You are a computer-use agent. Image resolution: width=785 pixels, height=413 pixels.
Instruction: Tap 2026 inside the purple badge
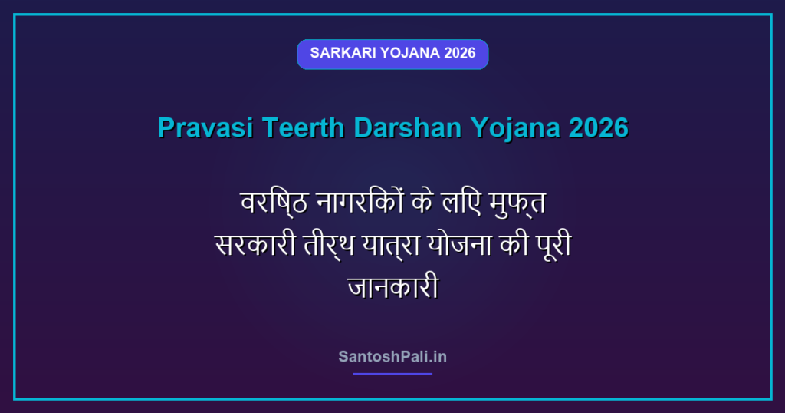tap(459, 53)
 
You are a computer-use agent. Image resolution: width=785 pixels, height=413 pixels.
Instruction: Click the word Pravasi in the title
tap(205, 127)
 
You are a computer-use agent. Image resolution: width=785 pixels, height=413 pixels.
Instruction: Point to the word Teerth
tap(304, 127)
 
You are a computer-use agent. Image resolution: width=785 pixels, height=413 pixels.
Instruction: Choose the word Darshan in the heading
tap(408, 127)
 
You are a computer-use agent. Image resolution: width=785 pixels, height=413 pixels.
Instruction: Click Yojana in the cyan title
tap(514, 128)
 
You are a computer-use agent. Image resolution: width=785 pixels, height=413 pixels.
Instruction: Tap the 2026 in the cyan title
tap(598, 127)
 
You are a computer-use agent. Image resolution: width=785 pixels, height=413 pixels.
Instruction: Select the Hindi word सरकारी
tap(255, 245)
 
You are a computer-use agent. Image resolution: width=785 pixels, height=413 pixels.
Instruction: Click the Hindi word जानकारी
tap(393, 286)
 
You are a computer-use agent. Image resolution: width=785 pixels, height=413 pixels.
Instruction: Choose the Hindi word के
tap(422, 202)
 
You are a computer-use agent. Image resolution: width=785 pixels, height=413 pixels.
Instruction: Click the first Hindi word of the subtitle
tap(274, 203)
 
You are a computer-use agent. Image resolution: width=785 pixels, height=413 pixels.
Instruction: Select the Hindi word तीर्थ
tap(329, 246)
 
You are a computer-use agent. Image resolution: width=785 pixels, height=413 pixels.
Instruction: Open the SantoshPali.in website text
tap(392, 357)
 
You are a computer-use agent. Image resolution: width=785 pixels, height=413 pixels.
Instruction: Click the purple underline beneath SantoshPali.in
tap(392, 374)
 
